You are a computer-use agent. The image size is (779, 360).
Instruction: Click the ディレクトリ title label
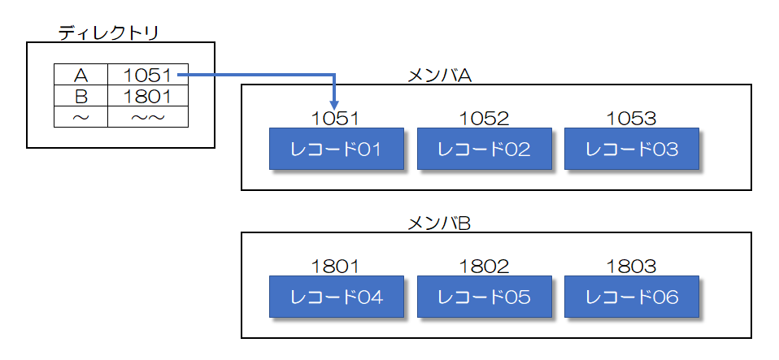coord(108,33)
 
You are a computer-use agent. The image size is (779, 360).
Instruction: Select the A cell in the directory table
coord(81,76)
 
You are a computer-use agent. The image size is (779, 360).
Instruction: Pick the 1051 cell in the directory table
coord(147,76)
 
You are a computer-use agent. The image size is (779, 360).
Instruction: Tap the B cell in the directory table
coord(81,97)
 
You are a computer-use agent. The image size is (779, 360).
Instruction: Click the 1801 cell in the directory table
coord(147,97)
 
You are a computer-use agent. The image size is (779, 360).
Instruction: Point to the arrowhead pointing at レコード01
coord(336,102)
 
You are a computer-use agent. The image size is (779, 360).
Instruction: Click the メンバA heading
coord(439,75)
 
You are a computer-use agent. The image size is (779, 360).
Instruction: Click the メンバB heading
coord(439,223)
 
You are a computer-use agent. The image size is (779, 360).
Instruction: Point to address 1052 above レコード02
coord(484,119)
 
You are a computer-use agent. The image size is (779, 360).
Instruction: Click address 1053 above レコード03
coord(631,119)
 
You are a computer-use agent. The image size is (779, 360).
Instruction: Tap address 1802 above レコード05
coord(484,267)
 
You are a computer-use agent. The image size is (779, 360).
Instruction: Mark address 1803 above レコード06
coord(631,267)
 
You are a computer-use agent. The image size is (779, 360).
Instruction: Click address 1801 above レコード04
coord(335,267)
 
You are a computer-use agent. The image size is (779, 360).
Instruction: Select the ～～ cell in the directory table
coord(147,117)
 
